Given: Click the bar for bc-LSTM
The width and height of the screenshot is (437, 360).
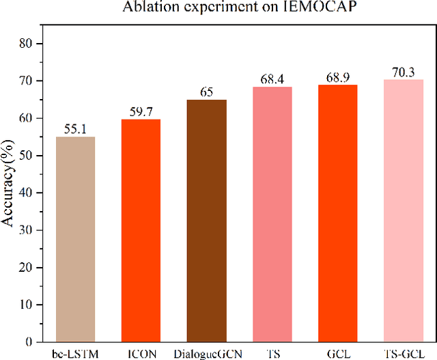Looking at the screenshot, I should (75, 239).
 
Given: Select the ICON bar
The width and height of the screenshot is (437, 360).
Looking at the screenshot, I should (141, 230).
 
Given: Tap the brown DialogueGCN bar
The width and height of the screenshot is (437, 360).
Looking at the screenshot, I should (206, 221).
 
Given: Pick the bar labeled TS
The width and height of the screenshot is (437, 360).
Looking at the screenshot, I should (272, 214).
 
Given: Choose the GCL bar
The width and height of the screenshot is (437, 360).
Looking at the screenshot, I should (337, 213).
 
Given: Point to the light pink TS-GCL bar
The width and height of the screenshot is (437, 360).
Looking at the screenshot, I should (403, 210).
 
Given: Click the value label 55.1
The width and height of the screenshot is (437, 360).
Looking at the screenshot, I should (75, 128).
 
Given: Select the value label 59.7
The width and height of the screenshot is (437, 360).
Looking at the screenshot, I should (141, 111).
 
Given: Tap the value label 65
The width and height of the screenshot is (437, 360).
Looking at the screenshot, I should (206, 92).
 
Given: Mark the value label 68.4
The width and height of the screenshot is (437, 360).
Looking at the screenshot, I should (272, 79).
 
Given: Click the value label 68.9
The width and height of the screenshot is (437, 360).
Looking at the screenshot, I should (337, 77).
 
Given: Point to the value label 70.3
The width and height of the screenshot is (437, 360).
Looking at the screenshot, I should (403, 72).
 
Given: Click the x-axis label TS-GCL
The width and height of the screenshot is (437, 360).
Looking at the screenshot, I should (403, 353).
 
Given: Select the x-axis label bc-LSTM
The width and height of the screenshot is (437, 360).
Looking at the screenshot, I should (75, 353).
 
